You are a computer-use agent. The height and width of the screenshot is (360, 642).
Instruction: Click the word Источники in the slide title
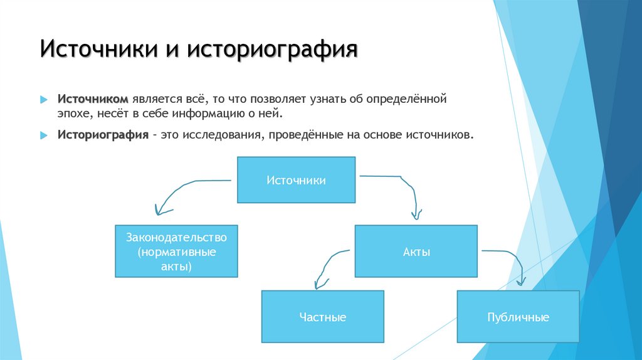(x=98, y=50)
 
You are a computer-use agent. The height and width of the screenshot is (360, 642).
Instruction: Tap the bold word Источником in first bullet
(x=93, y=100)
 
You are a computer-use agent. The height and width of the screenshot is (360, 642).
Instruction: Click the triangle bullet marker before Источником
(x=43, y=100)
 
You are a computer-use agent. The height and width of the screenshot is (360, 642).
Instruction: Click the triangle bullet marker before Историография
(x=43, y=135)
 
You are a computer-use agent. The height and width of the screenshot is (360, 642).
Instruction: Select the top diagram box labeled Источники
(x=296, y=180)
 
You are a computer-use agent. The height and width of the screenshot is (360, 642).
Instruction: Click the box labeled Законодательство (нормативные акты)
(x=176, y=251)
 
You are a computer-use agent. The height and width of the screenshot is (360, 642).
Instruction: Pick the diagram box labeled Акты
(x=416, y=251)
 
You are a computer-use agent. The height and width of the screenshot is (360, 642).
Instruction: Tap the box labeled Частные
(x=322, y=317)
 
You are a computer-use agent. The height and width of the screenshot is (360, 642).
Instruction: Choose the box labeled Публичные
(x=518, y=317)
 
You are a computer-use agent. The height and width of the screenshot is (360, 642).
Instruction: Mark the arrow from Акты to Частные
(x=326, y=263)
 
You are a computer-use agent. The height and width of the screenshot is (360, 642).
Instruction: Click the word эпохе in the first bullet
(x=73, y=115)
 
